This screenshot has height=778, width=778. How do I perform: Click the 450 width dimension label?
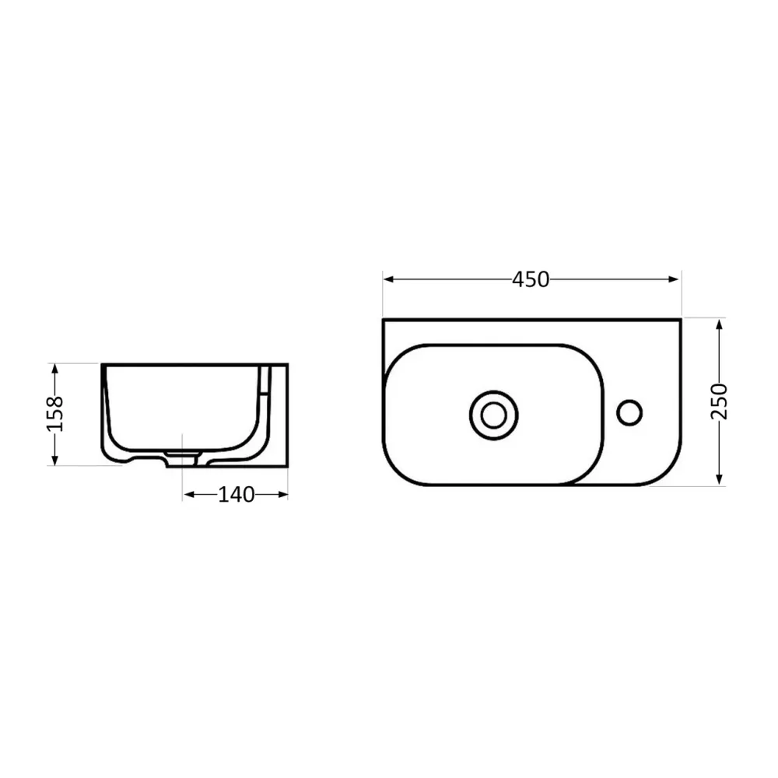(531, 279)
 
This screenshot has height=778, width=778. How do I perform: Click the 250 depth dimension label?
(720, 401)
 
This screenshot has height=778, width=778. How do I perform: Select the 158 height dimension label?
(54, 414)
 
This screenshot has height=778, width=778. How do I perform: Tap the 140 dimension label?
(236, 494)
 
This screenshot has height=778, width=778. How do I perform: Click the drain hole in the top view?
(493, 415)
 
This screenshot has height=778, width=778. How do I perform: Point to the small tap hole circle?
(629, 412)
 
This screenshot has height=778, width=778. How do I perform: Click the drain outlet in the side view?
(182, 458)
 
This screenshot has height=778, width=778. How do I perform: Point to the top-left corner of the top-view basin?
(384, 320)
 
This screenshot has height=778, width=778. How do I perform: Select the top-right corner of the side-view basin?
(287, 364)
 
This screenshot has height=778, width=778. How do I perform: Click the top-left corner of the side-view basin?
(102, 364)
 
